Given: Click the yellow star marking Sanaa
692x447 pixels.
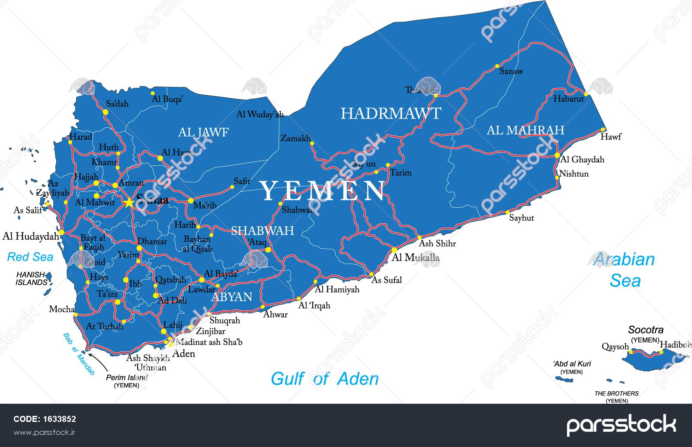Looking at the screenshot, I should pos(129,202).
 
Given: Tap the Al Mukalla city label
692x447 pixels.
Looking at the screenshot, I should pos(415,258).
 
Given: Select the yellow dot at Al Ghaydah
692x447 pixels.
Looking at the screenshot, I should pos(557,155).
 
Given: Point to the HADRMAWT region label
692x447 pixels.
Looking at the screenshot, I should pos(391,114).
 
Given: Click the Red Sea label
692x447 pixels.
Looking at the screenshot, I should pos(30,257).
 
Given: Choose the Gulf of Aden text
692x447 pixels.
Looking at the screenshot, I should pos(324,379).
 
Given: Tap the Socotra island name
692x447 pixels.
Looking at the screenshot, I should pos(646,330).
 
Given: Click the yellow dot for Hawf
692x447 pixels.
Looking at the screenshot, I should pos(602,129).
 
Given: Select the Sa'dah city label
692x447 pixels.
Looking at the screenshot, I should pos(117,104).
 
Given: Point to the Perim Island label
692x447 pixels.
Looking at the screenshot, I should pos(127,377).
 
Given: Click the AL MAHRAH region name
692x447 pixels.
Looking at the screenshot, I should pos(525,130).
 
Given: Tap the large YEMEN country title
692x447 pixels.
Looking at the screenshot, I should pos(323,191).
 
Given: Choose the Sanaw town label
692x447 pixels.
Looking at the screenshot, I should pos(511,71).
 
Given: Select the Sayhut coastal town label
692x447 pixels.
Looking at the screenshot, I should pos(521,218).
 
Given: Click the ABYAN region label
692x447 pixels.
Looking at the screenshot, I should pos(231,297).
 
